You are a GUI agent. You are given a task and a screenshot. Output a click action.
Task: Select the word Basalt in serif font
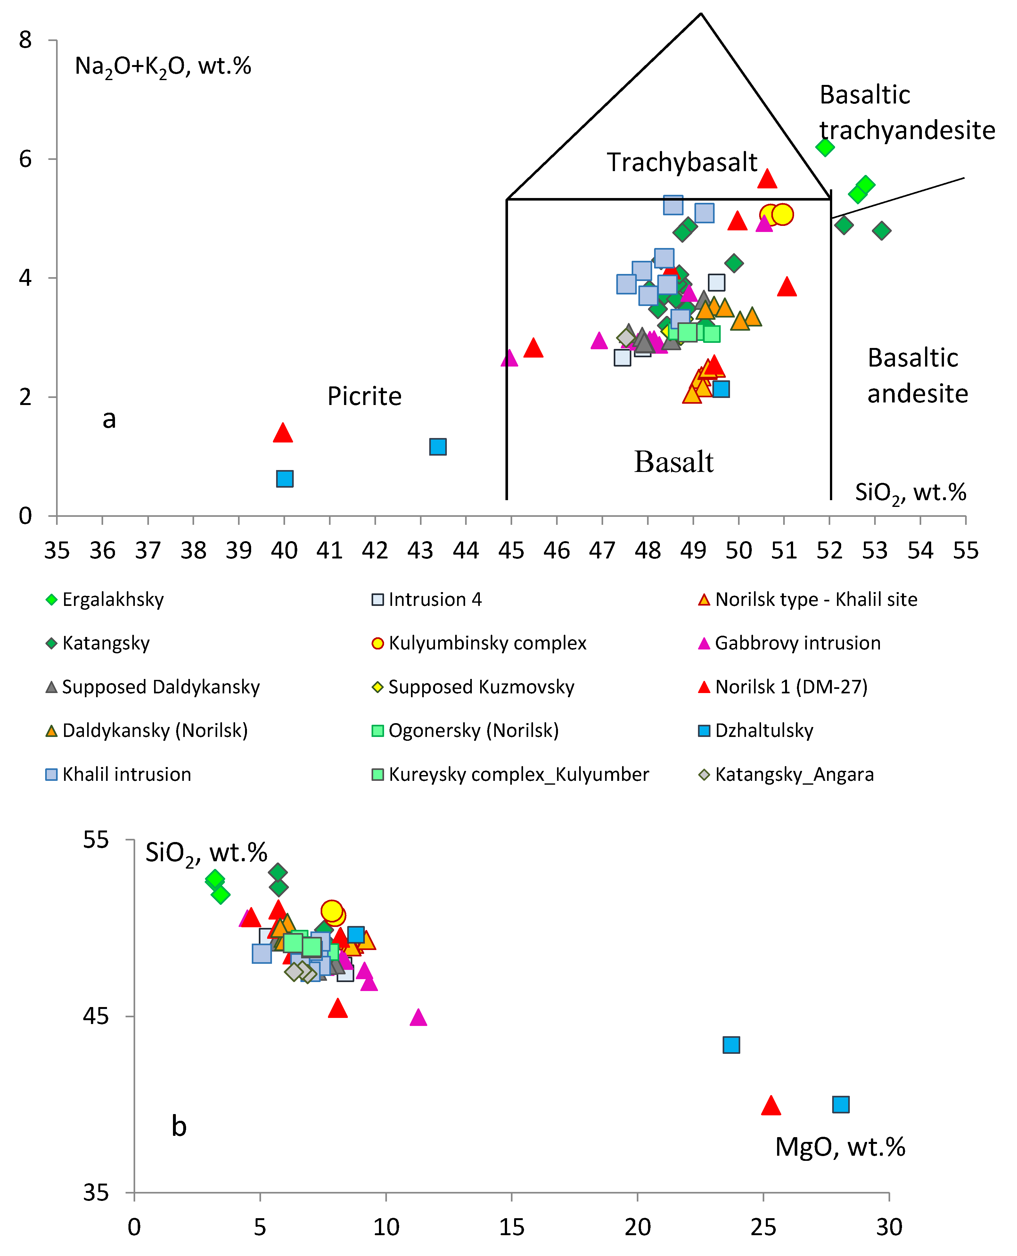[x=674, y=462]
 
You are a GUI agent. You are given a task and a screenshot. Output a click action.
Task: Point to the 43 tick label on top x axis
[x=420, y=551]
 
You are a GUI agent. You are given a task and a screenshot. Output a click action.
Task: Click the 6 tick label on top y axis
[x=25, y=159]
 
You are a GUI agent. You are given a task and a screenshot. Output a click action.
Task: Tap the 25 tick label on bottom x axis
[x=763, y=1227]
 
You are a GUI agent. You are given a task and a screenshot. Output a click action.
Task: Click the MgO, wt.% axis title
[x=840, y=1147]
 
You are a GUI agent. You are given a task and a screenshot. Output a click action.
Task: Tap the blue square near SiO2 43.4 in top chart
[x=438, y=447]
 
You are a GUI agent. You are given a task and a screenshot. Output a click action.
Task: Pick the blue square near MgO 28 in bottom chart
[x=841, y=1104]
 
